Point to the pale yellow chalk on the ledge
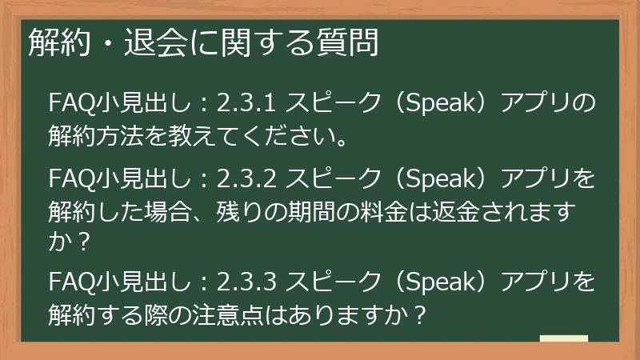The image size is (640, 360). [x=563, y=338]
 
